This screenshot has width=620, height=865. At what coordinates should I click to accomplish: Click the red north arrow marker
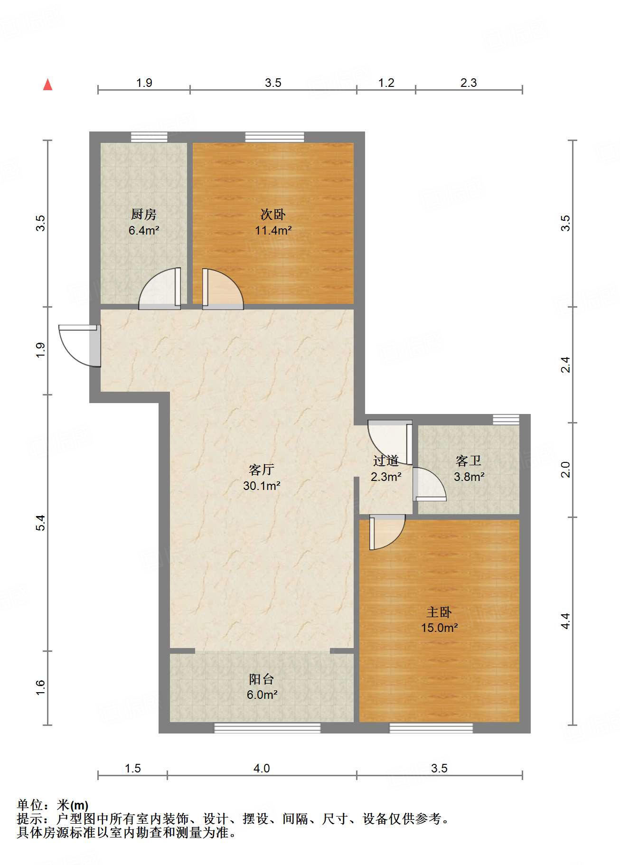[47, 85]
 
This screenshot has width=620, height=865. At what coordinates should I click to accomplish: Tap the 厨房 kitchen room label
[143, 215]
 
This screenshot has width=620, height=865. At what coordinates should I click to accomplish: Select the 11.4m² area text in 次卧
[273, 231]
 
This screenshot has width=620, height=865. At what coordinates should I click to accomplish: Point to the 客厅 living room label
[261, 470]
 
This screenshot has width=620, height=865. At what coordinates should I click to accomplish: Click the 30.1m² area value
[261, 486]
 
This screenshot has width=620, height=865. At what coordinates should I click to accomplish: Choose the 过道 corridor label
[385, 461]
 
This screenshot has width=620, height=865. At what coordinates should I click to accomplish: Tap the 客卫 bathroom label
[469, 461]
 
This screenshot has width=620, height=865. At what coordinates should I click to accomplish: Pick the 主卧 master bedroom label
[439, 612]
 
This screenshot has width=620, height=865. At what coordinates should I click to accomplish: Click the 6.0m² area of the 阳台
[262, 695]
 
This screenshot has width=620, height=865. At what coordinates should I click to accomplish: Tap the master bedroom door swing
[387, 532]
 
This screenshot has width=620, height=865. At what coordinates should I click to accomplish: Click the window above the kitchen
[149, 137]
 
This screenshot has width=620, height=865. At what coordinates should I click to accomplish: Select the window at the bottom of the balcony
[267, 728]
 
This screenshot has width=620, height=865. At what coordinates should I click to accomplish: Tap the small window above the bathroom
[506, 419]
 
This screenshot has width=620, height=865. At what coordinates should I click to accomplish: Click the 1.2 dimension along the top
[386, 83]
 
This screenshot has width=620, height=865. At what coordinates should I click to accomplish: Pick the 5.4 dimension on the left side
[41, 522]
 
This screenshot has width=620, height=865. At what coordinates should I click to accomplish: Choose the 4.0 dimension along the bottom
[262, 768]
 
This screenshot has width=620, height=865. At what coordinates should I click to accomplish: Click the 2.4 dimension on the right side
[565, 365]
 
